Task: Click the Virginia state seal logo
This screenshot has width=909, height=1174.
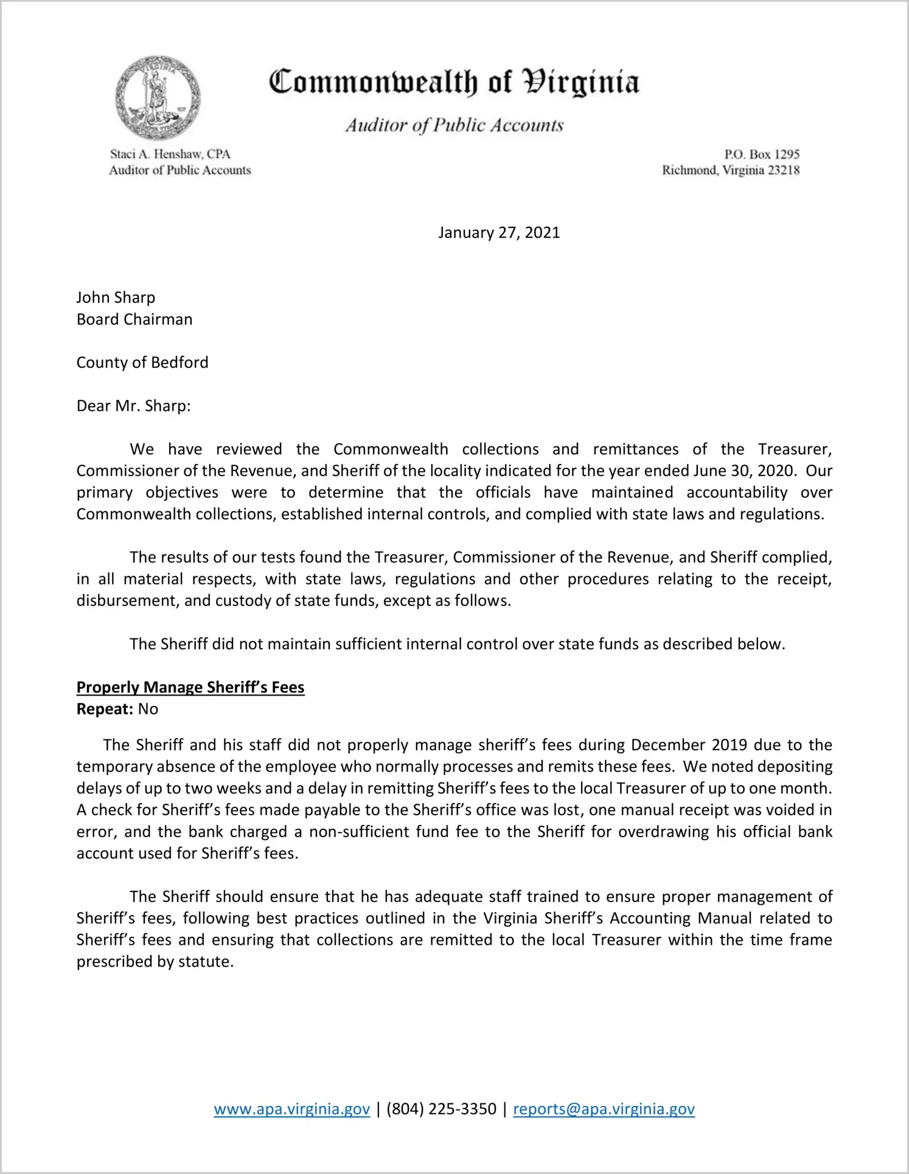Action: [x=158, y=98]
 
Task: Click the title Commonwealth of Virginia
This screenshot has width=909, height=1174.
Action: [x=454, y=82]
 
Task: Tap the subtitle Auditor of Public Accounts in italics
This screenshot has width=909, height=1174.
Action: [x=454, y=125]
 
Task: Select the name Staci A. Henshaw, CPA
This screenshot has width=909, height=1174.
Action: [x=170, y=154]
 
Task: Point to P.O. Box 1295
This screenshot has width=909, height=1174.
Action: [x=761, y=154]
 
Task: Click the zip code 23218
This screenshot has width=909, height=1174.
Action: [x=784, y=170]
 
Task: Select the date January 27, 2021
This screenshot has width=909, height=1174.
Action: [x=499, y=233]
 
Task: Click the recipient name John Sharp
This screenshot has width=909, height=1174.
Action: [x=116, y=297]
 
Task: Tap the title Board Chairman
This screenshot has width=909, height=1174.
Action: [x=134, y=319]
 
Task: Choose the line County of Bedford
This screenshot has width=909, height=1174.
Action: [x=142, y=362]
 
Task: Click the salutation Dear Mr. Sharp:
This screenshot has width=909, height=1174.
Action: [x=134, y=406]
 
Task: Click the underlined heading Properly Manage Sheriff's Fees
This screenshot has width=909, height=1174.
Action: [x=190, y=687]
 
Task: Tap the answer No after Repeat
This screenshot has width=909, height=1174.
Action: [x=148, y=709]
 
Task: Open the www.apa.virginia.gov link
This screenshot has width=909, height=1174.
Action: [x=292, y=1109]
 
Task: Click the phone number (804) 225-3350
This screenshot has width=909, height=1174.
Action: [x=441, y=1109]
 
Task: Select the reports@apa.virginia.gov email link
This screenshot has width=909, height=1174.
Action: [x=604, y=1109]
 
